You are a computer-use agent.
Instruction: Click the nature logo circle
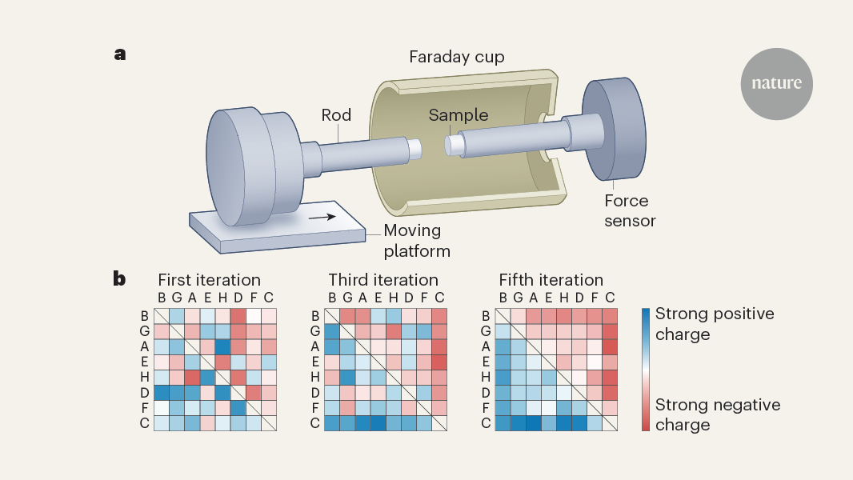(776, 83)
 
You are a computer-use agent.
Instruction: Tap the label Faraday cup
(456, 57)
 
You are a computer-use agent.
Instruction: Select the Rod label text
(336, 115)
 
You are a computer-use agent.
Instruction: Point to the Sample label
(458, 115)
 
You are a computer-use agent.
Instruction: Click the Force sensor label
(627, 210)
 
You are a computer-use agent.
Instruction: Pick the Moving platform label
(417, 241)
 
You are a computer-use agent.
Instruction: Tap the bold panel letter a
(120, 54)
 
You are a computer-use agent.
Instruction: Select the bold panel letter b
(119, 279)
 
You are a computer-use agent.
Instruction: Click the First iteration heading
(209, 280)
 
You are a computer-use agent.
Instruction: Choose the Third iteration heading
(383, 280)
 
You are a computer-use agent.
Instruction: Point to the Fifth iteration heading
(551, 280)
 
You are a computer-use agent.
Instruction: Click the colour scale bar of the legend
(645, 369)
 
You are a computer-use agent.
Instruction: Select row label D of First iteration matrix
(145, 393)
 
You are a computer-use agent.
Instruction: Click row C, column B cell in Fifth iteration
(503, 423)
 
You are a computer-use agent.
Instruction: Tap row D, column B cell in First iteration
(162, 393)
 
